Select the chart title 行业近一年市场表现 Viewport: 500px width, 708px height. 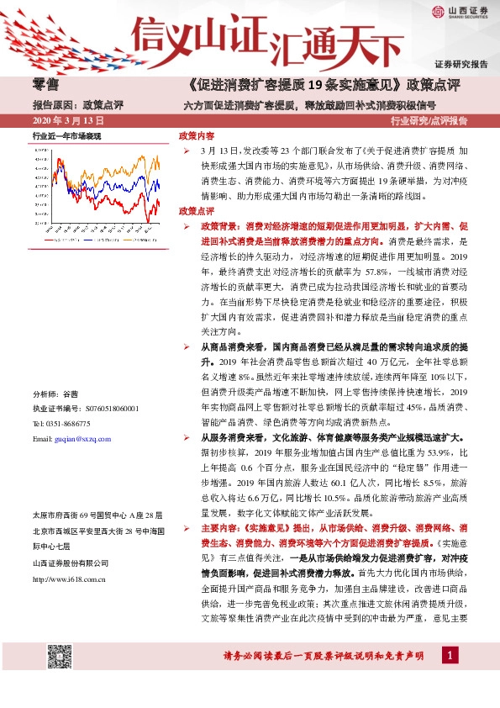pyautogui.click(x=66, y=135)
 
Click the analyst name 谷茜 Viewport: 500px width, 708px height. pyautogui.click(x=71, y=394)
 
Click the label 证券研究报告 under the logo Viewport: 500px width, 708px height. pyautogui.click(x=461, y=63)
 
